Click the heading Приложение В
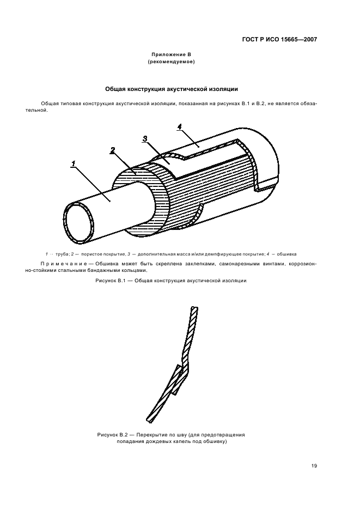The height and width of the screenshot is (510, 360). (171, 55)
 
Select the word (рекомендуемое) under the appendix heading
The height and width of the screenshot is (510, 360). (171, 62)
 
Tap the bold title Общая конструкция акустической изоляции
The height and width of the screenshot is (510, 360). (171, 88)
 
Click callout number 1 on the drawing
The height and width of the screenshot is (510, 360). (72, 163)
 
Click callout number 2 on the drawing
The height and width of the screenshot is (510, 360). (112, 150)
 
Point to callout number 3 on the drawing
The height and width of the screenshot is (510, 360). (145, 138)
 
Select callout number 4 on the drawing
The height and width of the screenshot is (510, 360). (179, 126)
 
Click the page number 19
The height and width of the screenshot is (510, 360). (314, 466)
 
